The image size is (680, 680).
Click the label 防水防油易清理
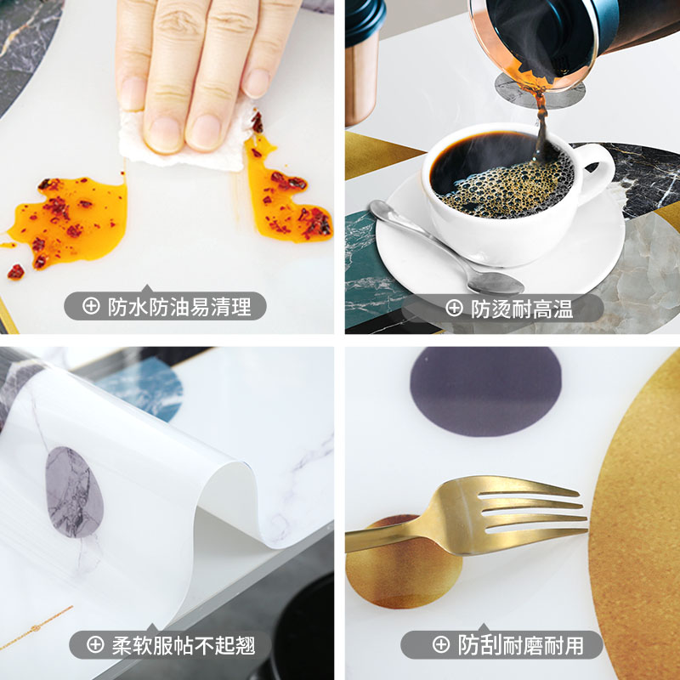[x=178, y=307]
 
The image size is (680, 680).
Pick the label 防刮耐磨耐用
[x=521, y=645]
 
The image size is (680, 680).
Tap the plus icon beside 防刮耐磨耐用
[x=440, y=645]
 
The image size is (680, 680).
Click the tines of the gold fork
[x=544, y=510]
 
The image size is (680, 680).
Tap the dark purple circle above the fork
[x=484, y=391]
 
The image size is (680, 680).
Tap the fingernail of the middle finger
[x=204, y=132]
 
